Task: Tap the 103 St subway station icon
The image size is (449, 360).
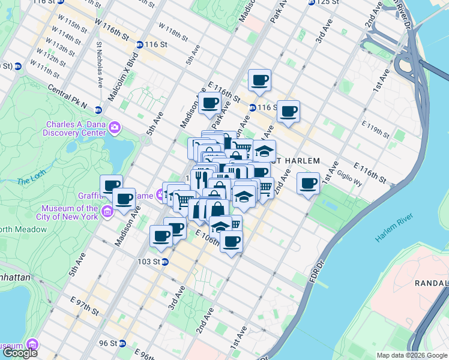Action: coord(164,262)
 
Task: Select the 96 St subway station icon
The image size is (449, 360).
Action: coord(122,343)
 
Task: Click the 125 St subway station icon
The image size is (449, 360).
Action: coord(312,2)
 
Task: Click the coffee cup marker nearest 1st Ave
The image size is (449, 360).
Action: coord(309,183)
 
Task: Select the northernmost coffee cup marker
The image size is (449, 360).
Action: coord(259,80)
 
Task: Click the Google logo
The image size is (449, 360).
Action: coord(20,353)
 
